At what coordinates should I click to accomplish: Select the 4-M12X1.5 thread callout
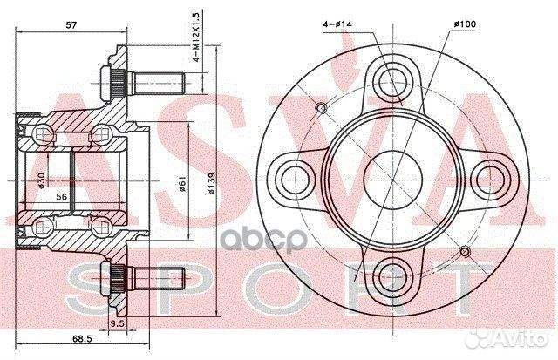[x=199, y=40]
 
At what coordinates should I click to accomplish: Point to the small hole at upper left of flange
[x=321, y=108]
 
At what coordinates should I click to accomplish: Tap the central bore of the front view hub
[x=394, y=178]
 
